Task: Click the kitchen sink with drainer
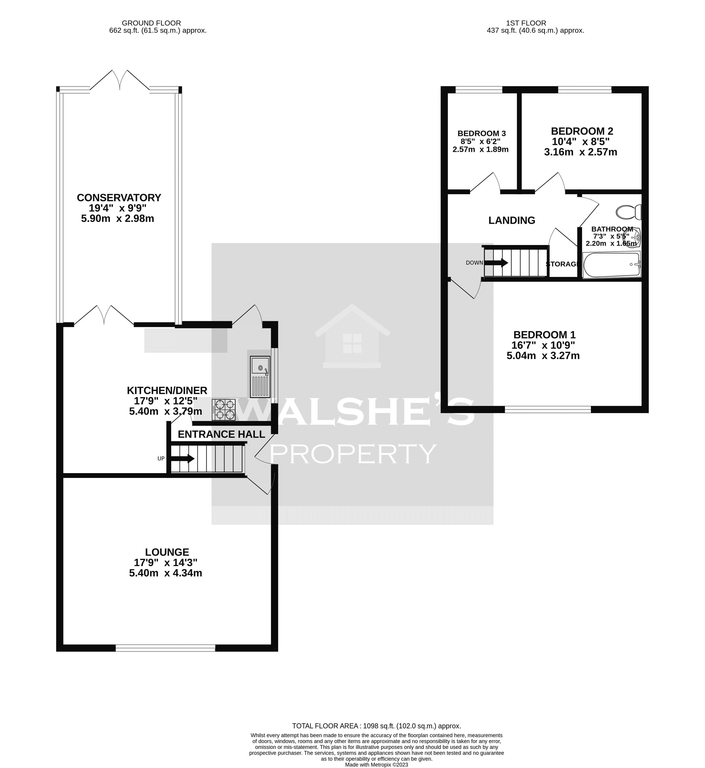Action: tap(260, 377)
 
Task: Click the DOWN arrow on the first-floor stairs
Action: tap(496, 263)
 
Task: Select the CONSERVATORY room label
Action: tap(119, 198)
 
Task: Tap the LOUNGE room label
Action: tap(167, 552)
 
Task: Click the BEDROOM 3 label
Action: tap(482, 134)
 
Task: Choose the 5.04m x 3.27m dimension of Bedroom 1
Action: tap(543, 356)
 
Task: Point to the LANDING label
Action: tap(512, 220)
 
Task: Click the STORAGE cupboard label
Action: tap(562, 264)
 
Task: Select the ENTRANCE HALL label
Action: tap(221, 434)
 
